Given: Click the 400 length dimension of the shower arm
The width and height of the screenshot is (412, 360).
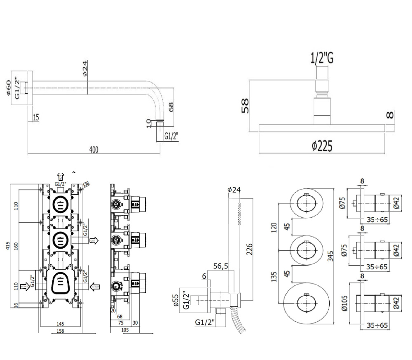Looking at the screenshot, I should point(94,150).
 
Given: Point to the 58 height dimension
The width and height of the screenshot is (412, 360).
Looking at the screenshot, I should point(245,105).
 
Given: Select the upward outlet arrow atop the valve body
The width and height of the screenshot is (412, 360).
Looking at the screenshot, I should point(60,176).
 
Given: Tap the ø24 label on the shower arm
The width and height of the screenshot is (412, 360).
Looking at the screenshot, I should point(84,68).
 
